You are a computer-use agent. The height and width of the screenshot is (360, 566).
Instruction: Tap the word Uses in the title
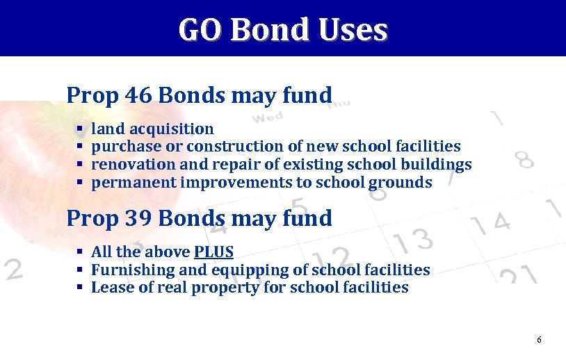(351, 30)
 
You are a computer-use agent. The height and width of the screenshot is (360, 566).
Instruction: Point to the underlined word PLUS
(213, 252)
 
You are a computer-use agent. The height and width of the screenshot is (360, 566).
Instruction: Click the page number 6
(539, 339)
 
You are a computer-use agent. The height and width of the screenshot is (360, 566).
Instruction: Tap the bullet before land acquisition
(79, 129)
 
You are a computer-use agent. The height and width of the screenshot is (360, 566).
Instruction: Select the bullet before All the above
(80, 252)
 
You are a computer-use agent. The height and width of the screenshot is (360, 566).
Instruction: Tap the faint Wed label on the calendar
(268, 117)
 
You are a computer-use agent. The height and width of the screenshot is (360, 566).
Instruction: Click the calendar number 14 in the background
(492, 223)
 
